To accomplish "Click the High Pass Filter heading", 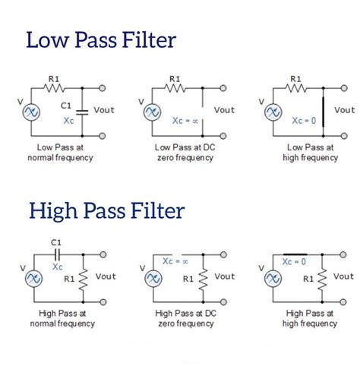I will [x=106, y=210].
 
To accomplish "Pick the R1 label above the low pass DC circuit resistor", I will [x=174, y=78].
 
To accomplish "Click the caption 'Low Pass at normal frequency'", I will [x=60, y=152].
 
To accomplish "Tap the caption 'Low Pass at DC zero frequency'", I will [x=184, y=152].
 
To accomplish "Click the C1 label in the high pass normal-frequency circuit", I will [x=55, y=243].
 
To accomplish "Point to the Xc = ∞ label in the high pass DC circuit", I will [x=175, y=260].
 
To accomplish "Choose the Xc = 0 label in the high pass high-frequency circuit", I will [x=293, y=260].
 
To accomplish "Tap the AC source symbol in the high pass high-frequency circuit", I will [x=271, y=279].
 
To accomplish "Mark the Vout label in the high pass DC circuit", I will [x=225, y=276].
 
